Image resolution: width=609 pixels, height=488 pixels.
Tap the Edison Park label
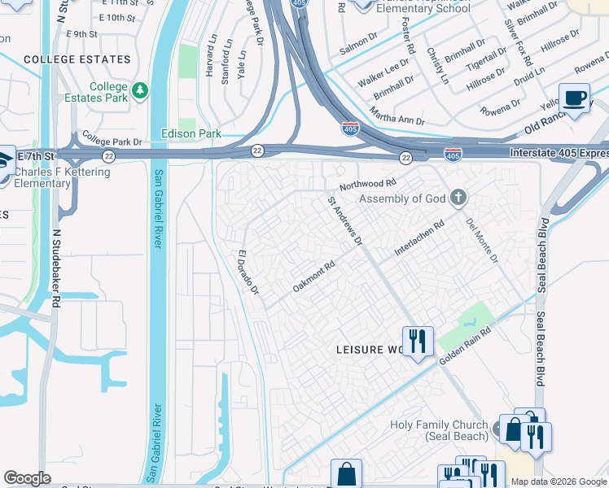point(191,133)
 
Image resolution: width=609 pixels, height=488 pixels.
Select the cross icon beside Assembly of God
point(458,198)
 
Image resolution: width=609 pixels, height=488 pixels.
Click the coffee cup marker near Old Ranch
point(575,98)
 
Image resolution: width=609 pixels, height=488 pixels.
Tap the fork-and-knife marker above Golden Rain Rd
point(417,340)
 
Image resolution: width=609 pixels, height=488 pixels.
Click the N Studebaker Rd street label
point(56,266)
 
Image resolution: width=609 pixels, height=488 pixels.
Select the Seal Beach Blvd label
point(540,255)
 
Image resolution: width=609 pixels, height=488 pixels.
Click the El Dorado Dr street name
point(247,272)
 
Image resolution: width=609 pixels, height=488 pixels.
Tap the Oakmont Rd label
point(314,277)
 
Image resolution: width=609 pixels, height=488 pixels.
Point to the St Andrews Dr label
point(344,220)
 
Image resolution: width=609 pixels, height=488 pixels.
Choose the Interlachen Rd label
point(419,237)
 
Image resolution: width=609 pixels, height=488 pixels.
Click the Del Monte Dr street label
point(481,240)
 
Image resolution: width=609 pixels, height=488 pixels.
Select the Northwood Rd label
point(367,185)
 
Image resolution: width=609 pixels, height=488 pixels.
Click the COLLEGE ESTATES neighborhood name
point(77,60)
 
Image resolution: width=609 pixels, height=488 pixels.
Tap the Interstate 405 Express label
point(559,153)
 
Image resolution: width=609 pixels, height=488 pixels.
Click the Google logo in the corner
point(27,478)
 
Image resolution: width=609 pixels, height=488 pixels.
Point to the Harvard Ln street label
point(213,62)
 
